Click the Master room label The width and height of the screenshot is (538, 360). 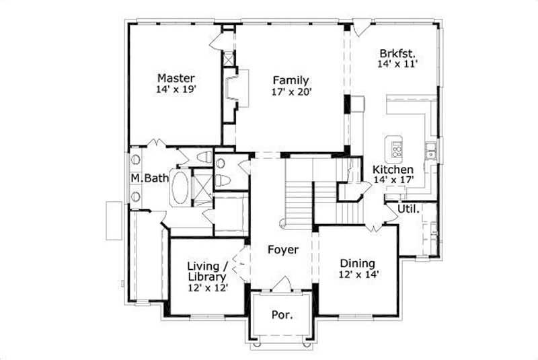176,77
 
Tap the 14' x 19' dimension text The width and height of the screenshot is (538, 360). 176,88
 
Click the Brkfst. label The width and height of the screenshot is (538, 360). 397,52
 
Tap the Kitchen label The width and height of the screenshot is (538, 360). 393,169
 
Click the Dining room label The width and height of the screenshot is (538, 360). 357,263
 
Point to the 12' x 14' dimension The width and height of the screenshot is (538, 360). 357,275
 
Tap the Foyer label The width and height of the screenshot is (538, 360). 282,250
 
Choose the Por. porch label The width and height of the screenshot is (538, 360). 281,315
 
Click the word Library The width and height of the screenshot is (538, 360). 207,276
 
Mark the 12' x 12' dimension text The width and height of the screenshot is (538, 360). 207,287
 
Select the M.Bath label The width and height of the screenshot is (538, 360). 144,178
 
